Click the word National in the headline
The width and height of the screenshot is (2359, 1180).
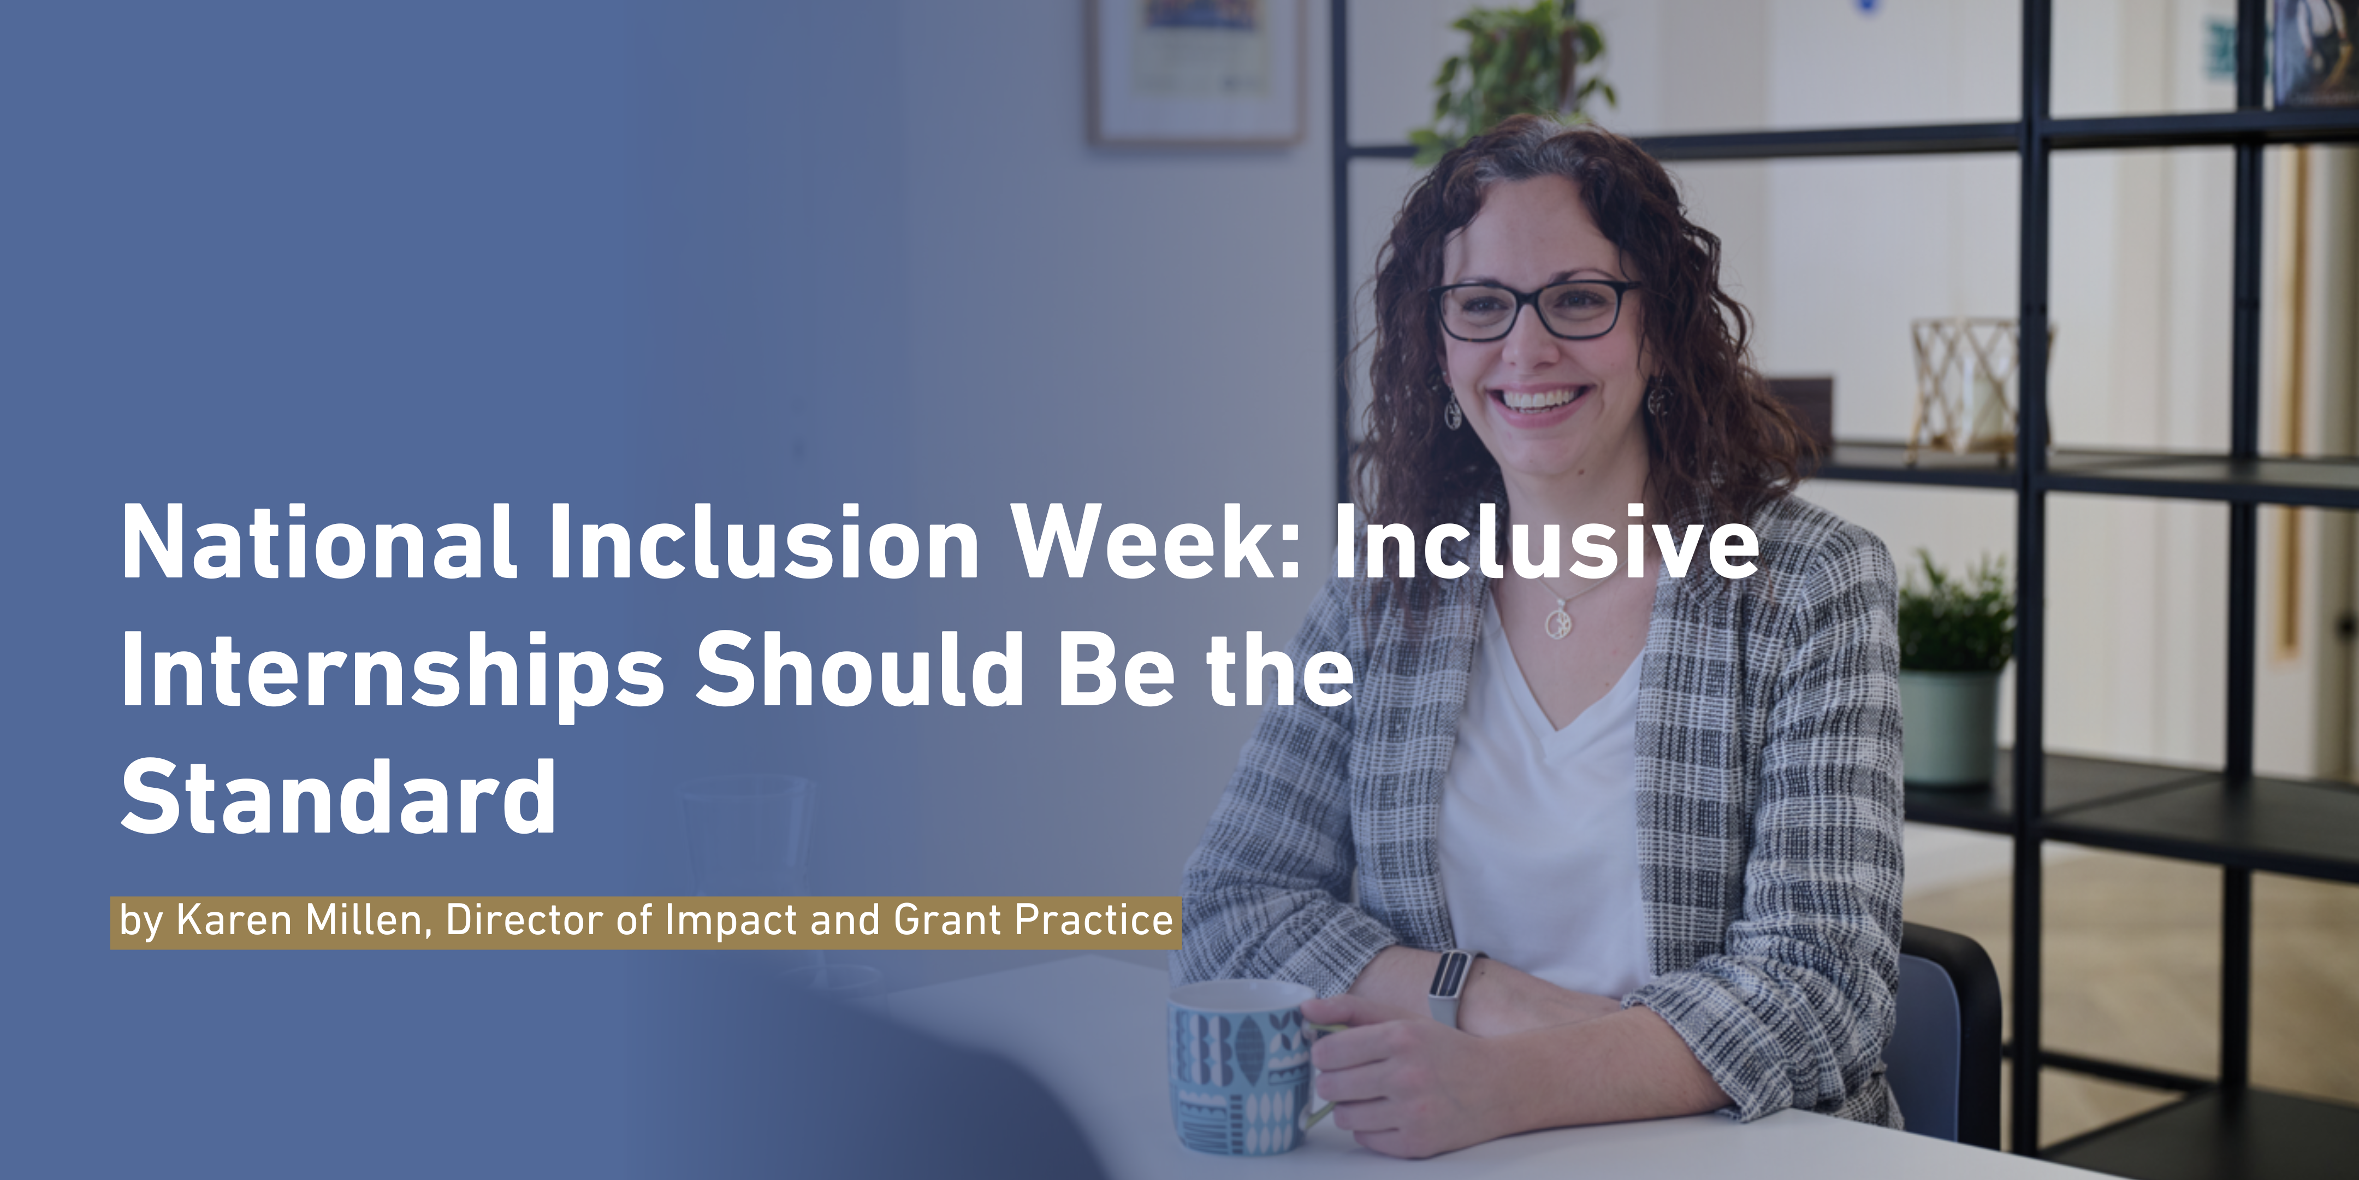[319, 542]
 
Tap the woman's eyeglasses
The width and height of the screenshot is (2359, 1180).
[1535, 309]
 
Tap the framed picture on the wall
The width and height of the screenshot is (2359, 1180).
[1196, 69]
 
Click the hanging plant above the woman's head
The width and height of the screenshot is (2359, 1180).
[1511, 78]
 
